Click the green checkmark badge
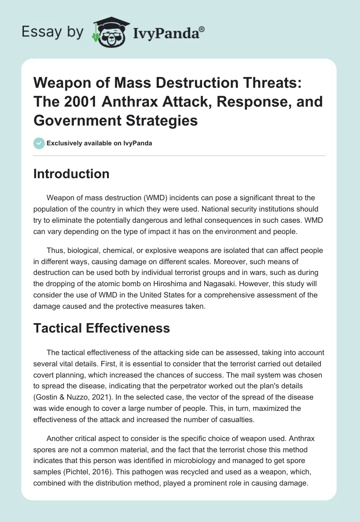pos(39,143)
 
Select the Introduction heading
pos(71,174)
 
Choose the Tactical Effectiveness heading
pos(101,328)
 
